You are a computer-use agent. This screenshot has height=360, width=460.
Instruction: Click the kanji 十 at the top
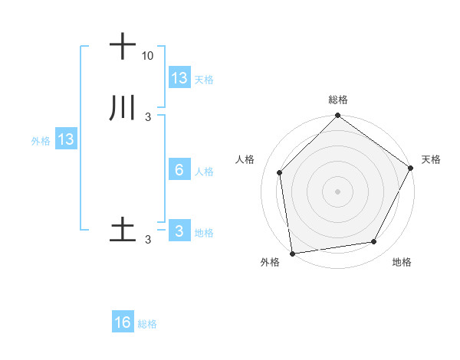(123, 47)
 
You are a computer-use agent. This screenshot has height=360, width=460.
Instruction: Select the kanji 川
(123, 108)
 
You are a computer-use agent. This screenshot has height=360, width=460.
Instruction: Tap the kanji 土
(123, 231)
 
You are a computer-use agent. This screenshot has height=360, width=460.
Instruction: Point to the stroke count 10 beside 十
(147, 56)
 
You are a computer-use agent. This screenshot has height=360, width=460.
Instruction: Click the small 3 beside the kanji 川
(147, 117)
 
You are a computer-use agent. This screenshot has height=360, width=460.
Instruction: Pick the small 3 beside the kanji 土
(147, 240)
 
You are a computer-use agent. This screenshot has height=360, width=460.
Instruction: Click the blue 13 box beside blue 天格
(179, 78)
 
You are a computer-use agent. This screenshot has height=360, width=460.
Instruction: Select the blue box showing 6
(179, 170)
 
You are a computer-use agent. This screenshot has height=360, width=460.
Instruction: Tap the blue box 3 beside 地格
(179, 231)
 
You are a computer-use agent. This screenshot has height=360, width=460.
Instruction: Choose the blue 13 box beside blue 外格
(66, 139)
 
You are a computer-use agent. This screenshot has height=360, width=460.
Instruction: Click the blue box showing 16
(123, 322)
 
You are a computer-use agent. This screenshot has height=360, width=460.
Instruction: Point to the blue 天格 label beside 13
(204, 79)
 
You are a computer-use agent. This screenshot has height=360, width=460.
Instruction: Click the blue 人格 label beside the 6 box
(204, 171)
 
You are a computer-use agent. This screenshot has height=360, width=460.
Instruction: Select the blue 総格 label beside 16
(147, 324)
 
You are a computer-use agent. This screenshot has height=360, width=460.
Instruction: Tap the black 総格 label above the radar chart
(338, 100)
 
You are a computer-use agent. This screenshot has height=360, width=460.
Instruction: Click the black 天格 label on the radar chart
(431, 159)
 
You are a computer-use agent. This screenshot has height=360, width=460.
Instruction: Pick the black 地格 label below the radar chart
(402, 262)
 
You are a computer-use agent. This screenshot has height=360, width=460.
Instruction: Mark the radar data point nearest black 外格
(292, 253)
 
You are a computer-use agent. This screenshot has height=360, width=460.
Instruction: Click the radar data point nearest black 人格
(280, 172)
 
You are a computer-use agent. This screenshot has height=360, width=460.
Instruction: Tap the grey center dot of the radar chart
(337, 191)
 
